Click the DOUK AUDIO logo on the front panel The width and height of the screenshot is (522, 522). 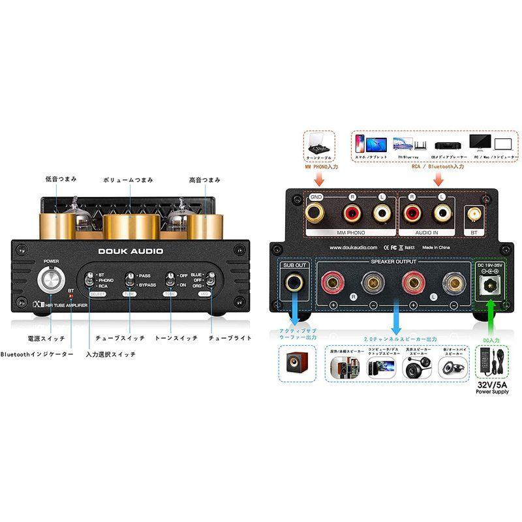pyautogui.click(x=132, y=252)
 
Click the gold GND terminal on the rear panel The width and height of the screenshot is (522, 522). pyautogui.click(x=316, y=212)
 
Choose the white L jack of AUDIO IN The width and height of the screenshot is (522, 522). pyautogui.click(x=442, y=212)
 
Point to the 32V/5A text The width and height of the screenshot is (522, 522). pyautogui.click(x=490, y=385)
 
